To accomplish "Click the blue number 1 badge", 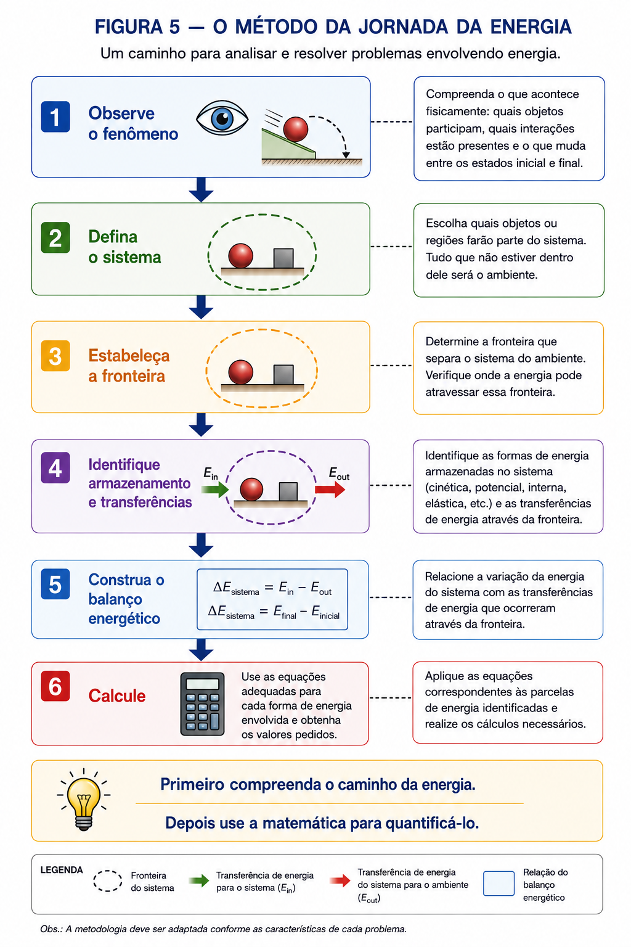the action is click(55, 117).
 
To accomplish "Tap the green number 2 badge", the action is click(55, 237).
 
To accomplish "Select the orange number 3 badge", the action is click(55, 356).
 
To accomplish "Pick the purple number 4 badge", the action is click(55, 467).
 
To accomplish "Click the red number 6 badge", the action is click(55, 686).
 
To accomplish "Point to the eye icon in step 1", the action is click(222, 118).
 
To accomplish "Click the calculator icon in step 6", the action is click(202, 704).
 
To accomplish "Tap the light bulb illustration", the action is click(84, 799).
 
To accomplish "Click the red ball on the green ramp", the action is click(295, 129).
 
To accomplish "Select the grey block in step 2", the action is click(283, 258).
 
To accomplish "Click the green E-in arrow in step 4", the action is click(215, 490).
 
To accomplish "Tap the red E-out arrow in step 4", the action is click(330, 490).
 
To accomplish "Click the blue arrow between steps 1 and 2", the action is click(201, 190).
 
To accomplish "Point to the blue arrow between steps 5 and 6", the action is click(201, 650).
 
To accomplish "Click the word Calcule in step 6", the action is click(117, 696).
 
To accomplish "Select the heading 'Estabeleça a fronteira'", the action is click(129, 366).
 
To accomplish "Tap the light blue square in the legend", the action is click(499, 883).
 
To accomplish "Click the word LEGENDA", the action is click(62, 870).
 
